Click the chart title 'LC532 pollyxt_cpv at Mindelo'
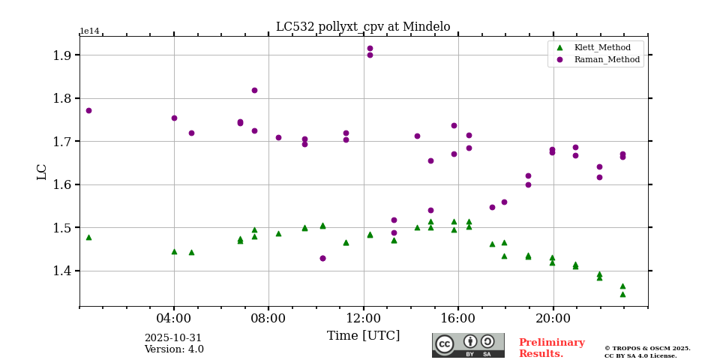tap(363, 27)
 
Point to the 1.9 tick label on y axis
tap(61, 55)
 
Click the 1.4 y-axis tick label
tap(61, 271)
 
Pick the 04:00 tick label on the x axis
tap(174, 317)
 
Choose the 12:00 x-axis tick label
tap(364, 317)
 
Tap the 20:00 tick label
tap(553, 317)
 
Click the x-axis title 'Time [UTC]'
tap(364, 336)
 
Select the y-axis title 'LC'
tap(42, 172)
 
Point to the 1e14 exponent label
tap(89, 31)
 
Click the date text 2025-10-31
tap(173, 338)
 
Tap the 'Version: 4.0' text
tap(174, 349)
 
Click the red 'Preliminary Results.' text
tap(551, 348)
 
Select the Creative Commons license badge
tap(468, 345)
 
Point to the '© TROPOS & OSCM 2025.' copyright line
tap(647, 348)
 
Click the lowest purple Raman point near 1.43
tap(322, 258)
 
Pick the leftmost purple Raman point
tap(88, 110)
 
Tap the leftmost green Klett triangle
tap(88, 237)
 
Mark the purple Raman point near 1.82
tap(254, 90)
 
